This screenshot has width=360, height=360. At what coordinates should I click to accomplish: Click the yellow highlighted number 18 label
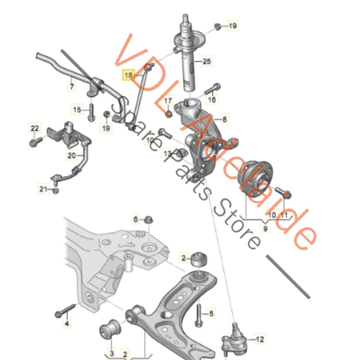tap(128, 76)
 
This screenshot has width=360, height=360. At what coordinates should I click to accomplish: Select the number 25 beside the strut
tap(207, 62)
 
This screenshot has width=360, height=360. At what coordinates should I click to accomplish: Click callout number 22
tap(34, 128)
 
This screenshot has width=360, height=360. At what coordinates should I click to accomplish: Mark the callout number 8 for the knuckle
tap(225, 119)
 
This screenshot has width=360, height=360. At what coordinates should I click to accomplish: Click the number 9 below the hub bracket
tap(265, 228)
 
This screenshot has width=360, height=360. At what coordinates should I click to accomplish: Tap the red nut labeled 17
tap(167, 113)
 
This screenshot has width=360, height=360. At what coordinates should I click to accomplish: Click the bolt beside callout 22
tap(34, 142)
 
